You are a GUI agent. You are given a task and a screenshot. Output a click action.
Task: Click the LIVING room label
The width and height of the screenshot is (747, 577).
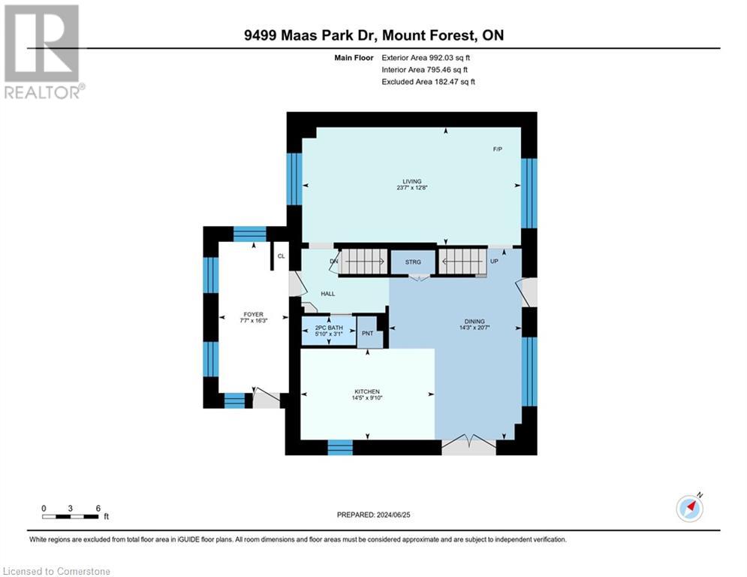(x=411, y=181)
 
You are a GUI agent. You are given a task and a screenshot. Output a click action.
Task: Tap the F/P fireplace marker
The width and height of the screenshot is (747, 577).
(x=497, y=150)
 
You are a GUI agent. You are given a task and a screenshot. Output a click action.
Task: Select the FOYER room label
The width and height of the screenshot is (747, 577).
(x=252, y=316)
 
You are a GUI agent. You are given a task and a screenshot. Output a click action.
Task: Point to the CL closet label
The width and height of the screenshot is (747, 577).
(x=281, y=256)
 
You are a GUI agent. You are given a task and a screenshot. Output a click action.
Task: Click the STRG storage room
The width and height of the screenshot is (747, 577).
(x=413, y=262)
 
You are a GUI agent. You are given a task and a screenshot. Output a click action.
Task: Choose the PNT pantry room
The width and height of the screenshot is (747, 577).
(x=368, y=333)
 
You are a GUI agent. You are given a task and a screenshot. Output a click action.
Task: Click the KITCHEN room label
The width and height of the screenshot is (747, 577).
(x=367, y=391)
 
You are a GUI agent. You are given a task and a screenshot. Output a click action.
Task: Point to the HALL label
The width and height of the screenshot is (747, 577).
(x=328, y=294)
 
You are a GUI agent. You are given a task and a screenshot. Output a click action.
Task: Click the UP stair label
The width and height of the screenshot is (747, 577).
(x=494, y=261)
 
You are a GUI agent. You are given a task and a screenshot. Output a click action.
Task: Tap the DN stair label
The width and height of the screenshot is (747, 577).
(x=333, y=261)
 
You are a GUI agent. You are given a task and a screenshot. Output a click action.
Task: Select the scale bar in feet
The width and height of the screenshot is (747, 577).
(x=71, y=516)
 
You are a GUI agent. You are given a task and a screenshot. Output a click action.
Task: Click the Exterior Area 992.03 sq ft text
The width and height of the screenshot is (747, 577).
(x=427, y=57)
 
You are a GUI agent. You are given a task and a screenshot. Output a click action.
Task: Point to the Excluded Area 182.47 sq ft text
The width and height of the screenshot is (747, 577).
(x=429, y=82)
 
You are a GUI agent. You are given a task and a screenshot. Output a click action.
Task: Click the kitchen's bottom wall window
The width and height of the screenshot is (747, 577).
(x=340, y=447)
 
